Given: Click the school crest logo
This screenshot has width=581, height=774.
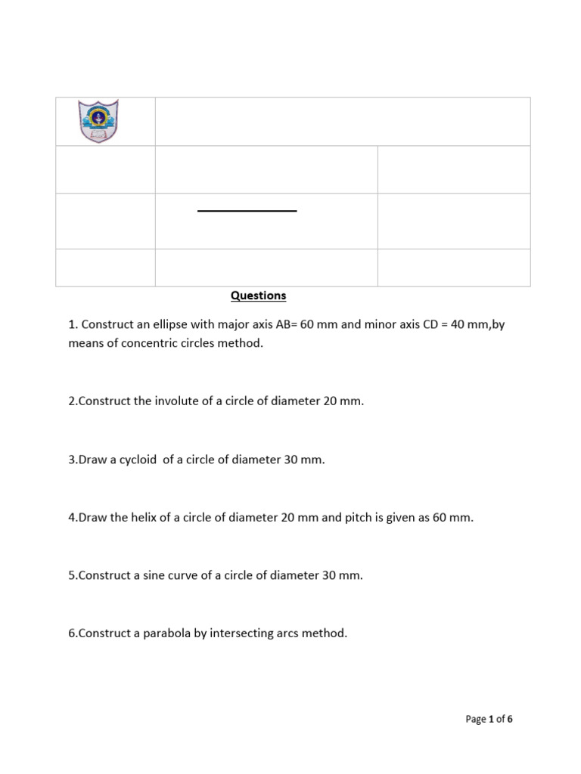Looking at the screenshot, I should pos(98,121).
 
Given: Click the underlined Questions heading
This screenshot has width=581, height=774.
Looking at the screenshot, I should pos(258,296).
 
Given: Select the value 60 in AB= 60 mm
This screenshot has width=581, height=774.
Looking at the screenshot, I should pos(307,324).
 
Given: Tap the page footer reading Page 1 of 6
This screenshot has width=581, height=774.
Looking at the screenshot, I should pos(489,719).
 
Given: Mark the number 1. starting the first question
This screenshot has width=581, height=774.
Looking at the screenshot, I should pos(73,324).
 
